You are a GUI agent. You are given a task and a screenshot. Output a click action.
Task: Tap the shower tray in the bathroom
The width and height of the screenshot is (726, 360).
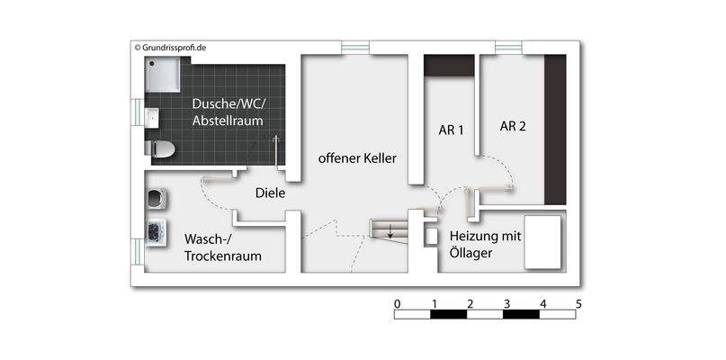[x=164, y=77]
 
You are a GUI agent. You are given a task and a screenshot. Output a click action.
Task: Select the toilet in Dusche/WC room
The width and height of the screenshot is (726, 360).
[x=159, y=148]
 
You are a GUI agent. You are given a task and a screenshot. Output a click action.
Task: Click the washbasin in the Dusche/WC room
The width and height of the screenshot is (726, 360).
[x=151, y=118]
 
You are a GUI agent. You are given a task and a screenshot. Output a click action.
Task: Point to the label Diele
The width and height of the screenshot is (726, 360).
[x=270, y=193]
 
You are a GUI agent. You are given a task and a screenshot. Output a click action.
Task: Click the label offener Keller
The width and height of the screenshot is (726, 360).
[x=357, y=158]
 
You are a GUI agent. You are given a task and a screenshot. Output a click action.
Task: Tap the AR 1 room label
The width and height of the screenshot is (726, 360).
[x=451, y=130]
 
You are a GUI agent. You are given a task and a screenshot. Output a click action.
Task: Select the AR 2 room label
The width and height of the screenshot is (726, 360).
[x=513, y=126]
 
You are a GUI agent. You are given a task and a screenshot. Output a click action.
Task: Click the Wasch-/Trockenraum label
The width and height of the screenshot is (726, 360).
[x=222, y=248]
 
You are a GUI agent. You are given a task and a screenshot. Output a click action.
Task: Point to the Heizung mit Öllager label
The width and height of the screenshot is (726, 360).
[x=485, y=243]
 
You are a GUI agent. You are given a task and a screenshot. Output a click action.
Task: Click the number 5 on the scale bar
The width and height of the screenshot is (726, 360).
[x=578, y=302]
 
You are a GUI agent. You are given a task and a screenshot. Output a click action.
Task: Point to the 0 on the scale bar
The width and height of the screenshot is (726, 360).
[x=398, y=302]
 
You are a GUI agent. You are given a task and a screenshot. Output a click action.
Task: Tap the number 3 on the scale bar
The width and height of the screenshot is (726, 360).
[x=506, y=302]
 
